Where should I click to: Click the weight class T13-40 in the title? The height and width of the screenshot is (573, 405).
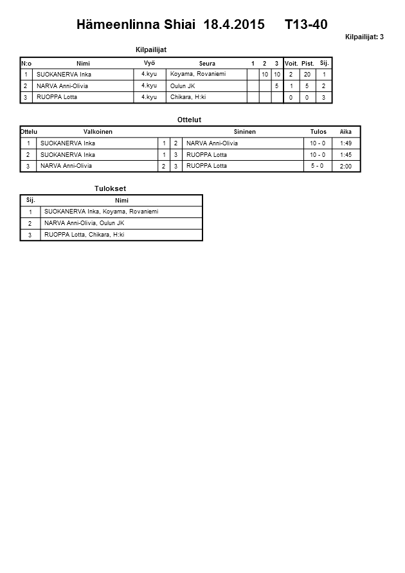point(306,25)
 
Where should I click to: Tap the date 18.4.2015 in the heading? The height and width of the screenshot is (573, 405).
point(233,25)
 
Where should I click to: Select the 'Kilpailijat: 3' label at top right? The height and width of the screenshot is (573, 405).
point(364,37)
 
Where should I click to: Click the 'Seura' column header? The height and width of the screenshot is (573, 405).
point(207,64)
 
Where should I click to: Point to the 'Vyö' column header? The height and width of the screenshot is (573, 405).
point(149,63)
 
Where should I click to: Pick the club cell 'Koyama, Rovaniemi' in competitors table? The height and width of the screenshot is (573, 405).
point(198,75)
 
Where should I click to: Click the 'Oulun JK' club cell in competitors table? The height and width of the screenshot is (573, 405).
point(183,86)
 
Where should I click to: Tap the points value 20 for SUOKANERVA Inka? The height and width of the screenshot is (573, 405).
point(307,75)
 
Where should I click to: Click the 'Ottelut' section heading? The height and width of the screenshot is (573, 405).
point(189,120)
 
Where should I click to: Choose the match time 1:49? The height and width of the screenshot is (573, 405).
point(345,143)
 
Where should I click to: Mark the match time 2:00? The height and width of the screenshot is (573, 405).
point(345,166)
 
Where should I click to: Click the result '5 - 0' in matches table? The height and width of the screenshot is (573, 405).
point(318,166)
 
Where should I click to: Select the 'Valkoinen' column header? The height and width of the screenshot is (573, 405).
point(98,132)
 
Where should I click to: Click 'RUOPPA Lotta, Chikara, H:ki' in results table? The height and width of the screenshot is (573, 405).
point(84,235)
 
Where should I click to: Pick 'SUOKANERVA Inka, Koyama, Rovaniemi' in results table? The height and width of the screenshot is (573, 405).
point(101,212)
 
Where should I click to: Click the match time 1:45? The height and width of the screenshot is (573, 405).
point(345,155)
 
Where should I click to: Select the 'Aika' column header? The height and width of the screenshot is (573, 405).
point(345,132)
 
